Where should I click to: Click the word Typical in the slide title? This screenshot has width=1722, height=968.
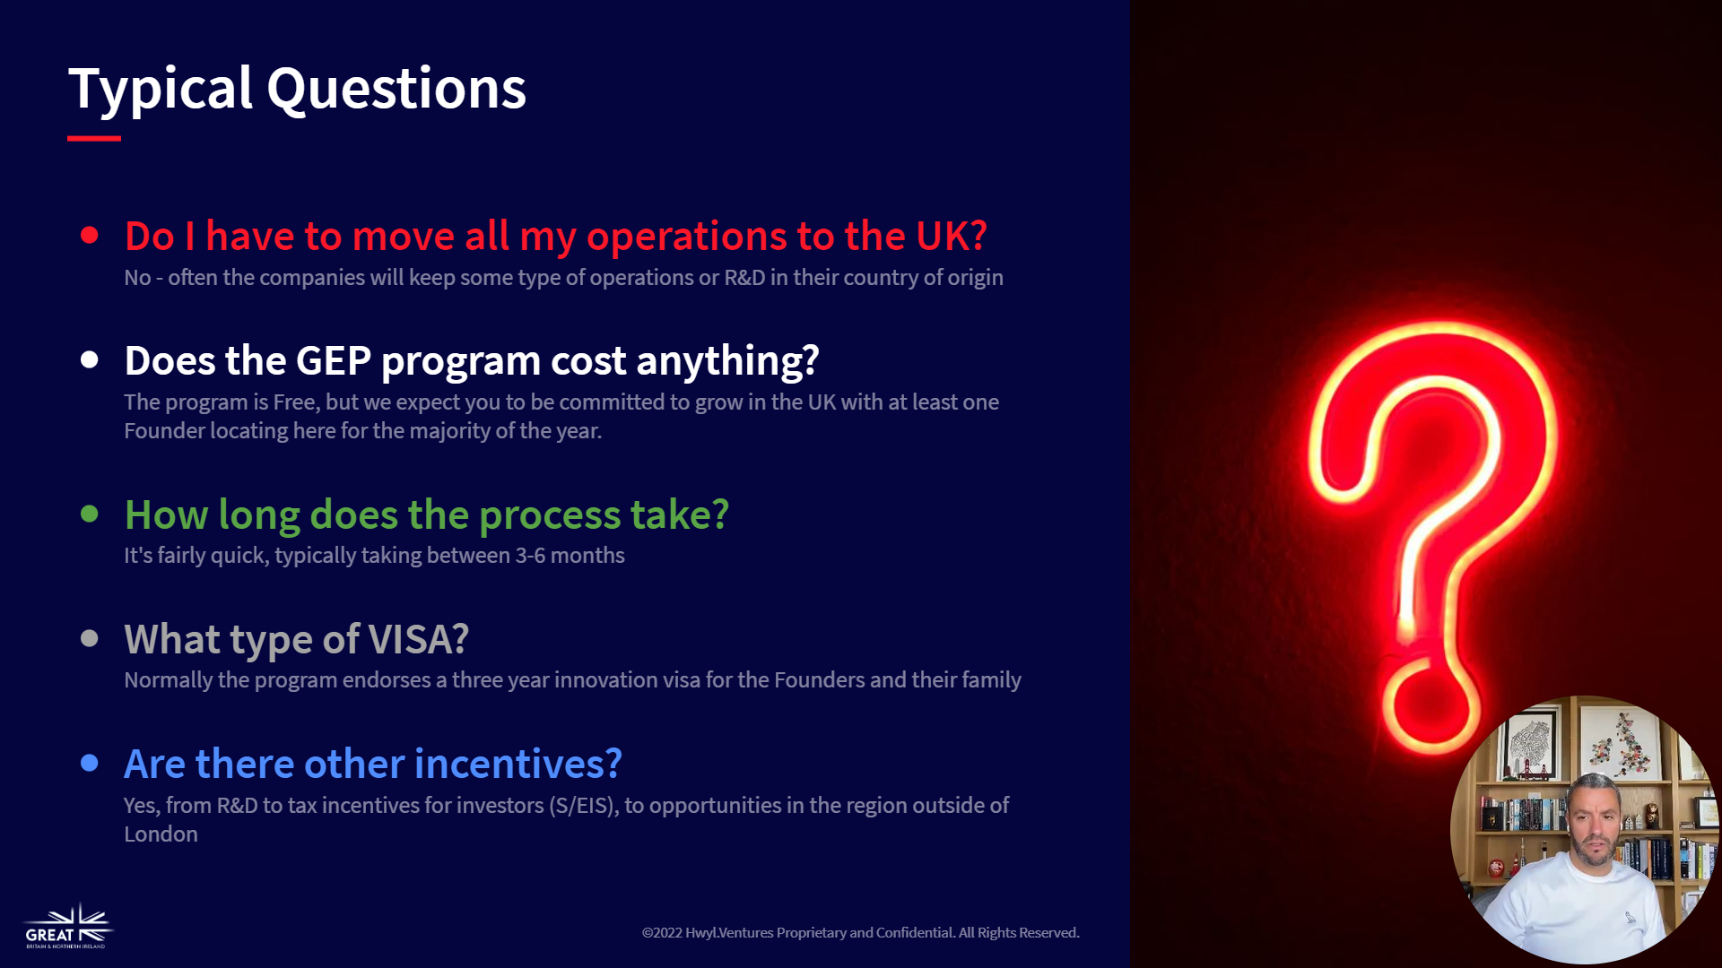[161, 90]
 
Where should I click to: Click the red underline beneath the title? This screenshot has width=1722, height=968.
[94, 138]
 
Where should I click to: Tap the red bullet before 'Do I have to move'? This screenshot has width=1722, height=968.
[90, 236]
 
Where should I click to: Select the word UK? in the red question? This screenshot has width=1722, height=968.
[951, 237]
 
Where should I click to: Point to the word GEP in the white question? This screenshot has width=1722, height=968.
[333, 361]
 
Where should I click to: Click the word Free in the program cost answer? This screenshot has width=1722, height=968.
[296, 402]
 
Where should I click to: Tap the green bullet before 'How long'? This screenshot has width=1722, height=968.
[90, 514]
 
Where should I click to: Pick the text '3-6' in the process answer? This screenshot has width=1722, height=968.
[530, 556]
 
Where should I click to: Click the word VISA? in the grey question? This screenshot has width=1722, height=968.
[419, 640]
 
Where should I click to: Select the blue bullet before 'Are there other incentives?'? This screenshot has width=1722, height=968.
[90, 764]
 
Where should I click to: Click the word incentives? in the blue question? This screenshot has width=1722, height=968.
[518, 765]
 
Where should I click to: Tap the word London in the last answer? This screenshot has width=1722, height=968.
[161, 834]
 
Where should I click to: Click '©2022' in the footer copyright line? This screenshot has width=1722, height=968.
[662, 933]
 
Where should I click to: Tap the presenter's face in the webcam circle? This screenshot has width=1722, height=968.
[1594, 826]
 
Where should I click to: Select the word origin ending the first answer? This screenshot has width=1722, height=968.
[975, 279]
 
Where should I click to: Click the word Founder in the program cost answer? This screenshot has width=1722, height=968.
[164, 431]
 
